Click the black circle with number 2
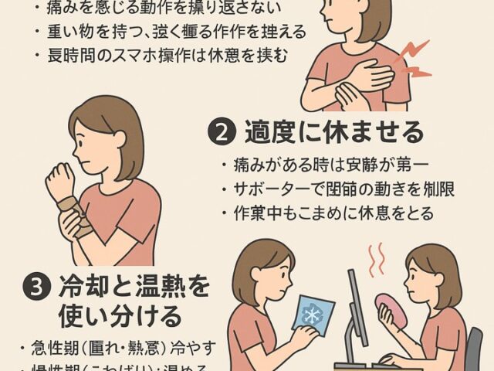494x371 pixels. (x=221, y=132)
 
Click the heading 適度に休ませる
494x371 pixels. (x=333, y=132)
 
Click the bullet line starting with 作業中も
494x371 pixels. (x=324, y=213)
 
